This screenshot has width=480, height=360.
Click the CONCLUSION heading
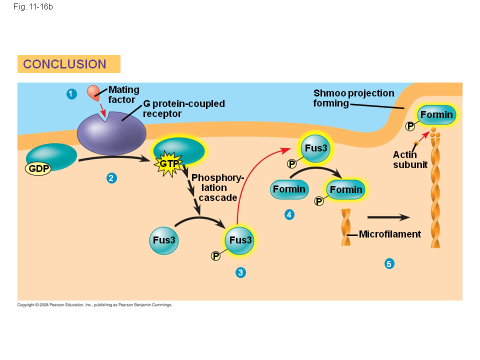tap(65, 64)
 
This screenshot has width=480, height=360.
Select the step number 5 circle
tap(389, 263)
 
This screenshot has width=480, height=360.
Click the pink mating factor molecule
tap(93, 91)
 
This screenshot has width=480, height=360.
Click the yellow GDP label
tap(39, 168)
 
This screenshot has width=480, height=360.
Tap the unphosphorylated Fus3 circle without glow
tap(164, 240)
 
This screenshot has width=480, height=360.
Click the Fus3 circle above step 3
tap(240, 240)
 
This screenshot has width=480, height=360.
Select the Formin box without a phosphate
tap(289, 189)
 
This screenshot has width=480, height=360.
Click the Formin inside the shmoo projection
tap(436, 115)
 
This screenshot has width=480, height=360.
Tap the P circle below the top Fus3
tap(291, 164)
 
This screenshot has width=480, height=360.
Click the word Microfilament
tap(390, 234)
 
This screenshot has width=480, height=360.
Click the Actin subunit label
tap(410, 159)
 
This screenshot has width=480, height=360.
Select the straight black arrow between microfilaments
tap(388, 217)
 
